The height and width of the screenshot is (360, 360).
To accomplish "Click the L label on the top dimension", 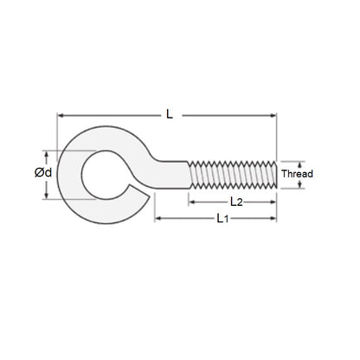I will pos(168,112).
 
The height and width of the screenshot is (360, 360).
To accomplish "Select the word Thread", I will pos(298,173).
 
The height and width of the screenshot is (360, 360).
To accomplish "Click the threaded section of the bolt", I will pos(232,173).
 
